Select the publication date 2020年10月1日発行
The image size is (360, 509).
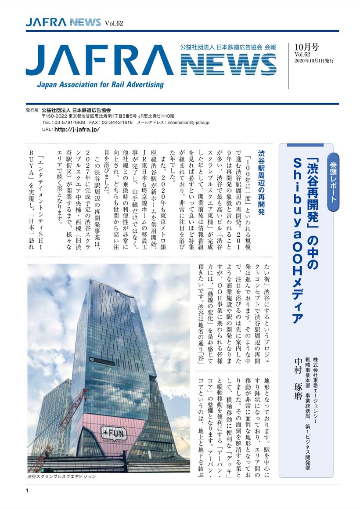point(314,61)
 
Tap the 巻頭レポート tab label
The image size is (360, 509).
point(332,177)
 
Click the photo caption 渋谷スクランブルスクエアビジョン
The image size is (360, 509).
point(61,476)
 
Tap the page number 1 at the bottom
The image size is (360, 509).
point(27,490)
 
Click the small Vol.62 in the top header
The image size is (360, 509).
point(113,23)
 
